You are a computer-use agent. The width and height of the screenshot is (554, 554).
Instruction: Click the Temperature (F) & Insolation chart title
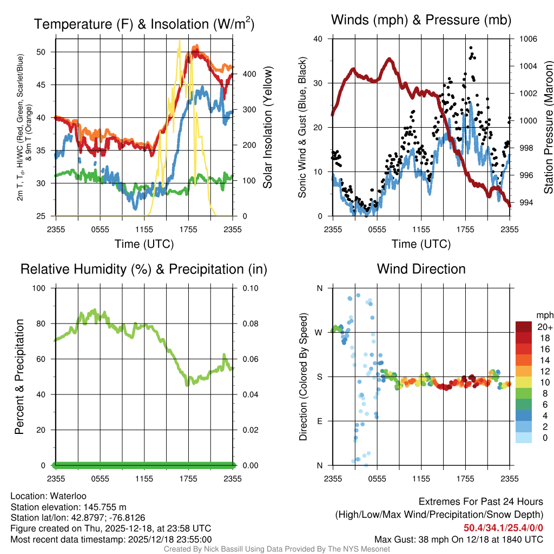pos(144,24)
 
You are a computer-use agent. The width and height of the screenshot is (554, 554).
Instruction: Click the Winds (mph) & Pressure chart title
pos(421,20)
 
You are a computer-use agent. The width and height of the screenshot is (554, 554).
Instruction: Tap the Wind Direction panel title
pos(421,269)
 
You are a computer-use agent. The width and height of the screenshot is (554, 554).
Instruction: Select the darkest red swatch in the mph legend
pos(524,327)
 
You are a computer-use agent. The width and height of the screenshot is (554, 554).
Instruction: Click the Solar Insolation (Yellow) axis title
pos(267,128)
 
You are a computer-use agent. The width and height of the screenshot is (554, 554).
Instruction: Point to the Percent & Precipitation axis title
pos(19,377)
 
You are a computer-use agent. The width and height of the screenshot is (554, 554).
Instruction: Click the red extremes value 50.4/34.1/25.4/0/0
pos(503,528)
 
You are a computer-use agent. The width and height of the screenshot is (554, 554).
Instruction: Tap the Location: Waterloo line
pos(48,496)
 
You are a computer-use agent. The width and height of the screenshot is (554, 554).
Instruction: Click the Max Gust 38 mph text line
pos(459,539)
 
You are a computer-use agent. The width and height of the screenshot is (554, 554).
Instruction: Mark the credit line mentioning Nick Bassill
pos(276,549)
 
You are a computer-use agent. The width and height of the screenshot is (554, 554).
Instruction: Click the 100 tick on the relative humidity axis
pos(41,288)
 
